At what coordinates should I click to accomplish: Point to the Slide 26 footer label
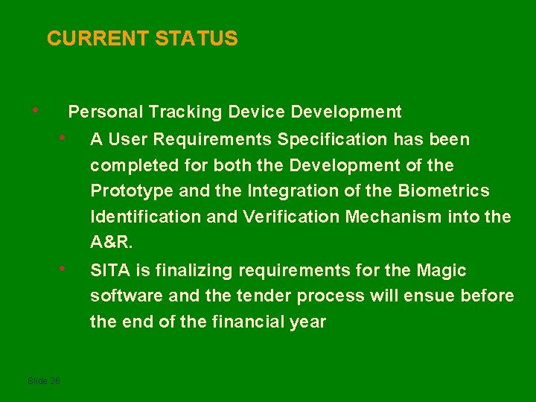click(x=43, y=381)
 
